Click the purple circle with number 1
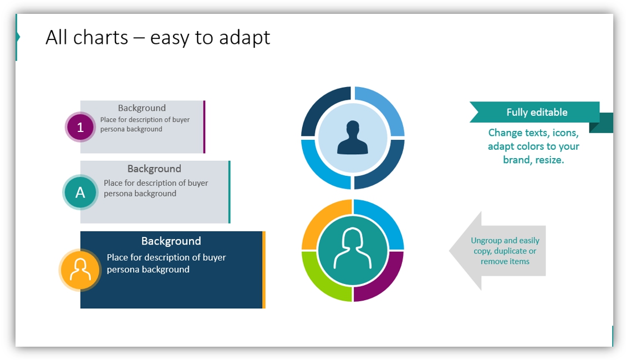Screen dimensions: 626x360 (80, 127)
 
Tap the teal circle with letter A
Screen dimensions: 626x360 (80, 192)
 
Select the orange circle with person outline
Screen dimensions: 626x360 (80, 270)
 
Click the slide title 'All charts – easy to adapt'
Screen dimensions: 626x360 (157, 38)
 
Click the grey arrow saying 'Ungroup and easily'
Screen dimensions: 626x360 (497, 251)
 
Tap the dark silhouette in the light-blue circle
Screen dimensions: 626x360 (353, 138)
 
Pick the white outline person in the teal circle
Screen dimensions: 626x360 (353, 248)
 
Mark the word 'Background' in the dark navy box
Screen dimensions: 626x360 (171, 241)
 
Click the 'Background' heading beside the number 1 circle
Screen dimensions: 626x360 (142, 108)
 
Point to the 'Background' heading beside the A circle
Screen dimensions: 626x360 (154, 169)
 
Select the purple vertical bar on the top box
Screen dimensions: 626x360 (204, 126)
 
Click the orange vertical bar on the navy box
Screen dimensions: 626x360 (264, 270)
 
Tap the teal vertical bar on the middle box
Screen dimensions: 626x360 (229, 192)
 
